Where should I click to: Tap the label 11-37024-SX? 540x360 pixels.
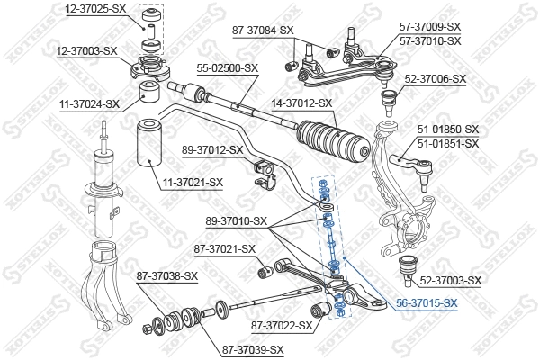click(89, 104)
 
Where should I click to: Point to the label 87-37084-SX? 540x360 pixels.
click(264, 31)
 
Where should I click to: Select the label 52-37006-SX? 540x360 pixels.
click(436, 79)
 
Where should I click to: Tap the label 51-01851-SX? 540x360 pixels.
click(447, 142)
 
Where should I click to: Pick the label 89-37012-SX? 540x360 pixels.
click(213, 149)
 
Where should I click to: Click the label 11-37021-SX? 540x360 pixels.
click(193, 184)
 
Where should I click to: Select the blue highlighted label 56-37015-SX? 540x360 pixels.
click(427, 304)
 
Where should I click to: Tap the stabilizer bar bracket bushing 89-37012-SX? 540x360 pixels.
click(265, 171)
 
